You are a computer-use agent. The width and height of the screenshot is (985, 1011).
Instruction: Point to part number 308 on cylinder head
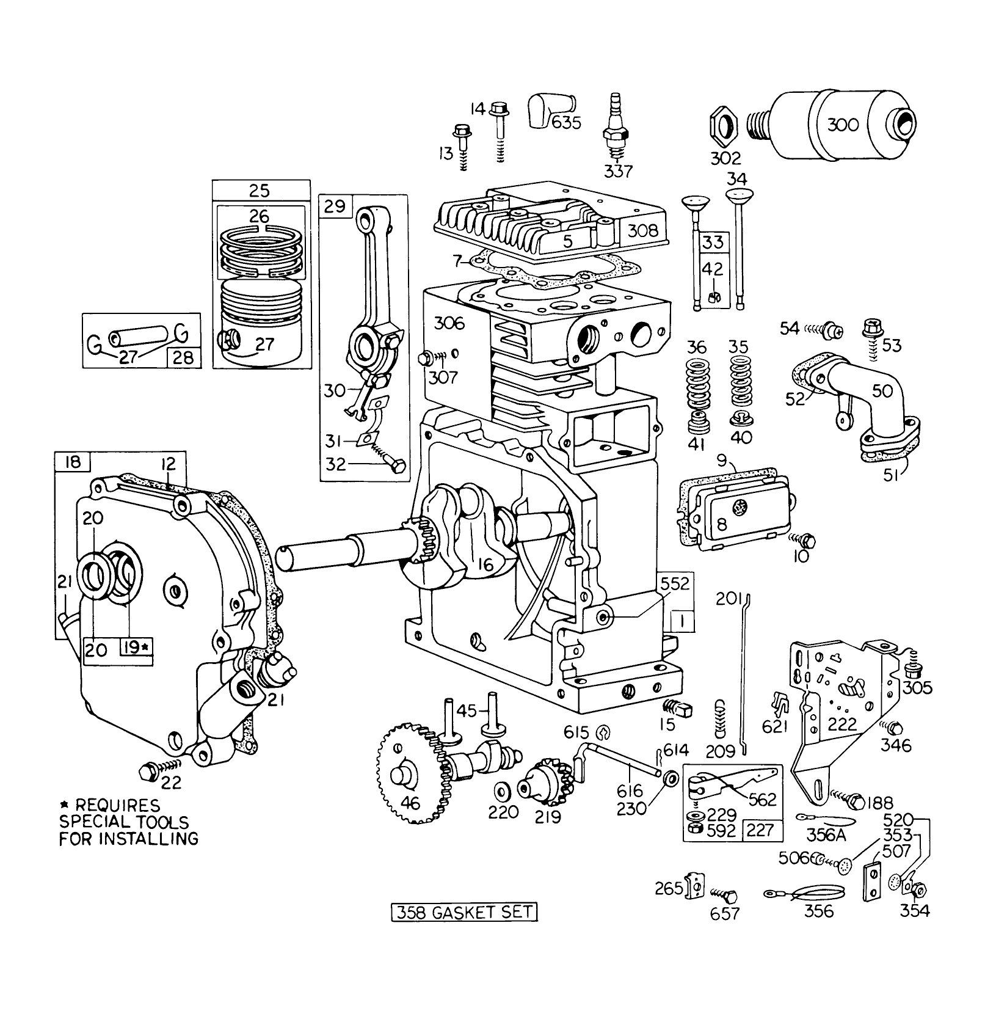click(643, 230)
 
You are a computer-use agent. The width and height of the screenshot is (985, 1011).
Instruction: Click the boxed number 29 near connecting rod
click(335, 206)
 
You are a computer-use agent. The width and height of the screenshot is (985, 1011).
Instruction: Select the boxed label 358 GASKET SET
click(465, 913)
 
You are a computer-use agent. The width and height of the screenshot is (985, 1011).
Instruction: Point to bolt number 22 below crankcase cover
click(149, 772)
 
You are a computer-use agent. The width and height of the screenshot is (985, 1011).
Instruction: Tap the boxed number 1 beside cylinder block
click(683, 621)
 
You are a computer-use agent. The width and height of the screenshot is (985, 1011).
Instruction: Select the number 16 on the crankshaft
click(486, 565)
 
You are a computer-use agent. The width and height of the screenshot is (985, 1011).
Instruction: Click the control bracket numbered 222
click(843, 696)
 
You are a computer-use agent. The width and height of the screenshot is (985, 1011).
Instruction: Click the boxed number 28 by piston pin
click(183, 357)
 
